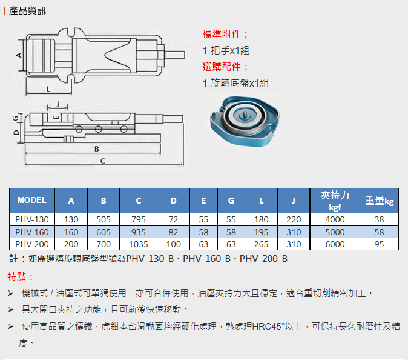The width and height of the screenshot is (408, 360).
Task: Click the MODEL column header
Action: pos(31,201)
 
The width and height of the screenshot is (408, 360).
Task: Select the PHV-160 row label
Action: pos(31,232)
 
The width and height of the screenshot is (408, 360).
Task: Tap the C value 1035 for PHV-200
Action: pos(139,244)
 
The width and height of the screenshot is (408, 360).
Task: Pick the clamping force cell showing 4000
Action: pos(335,219)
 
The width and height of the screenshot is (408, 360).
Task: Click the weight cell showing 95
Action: pos(379,244)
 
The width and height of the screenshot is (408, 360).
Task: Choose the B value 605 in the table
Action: pos(104,232)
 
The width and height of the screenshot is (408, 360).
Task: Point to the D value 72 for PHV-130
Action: pos(173,219)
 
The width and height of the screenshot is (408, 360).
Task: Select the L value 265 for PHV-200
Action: pos(261,244)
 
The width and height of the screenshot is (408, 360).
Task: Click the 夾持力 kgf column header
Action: pos(335,201)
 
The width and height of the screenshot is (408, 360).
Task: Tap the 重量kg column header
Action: pos(380,201)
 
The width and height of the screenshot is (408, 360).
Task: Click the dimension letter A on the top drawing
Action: pos(19,55)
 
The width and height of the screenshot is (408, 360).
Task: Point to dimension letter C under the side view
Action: pos(103,161)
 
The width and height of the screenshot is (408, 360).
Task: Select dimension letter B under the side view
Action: pos(96,148)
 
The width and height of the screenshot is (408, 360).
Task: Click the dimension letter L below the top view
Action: pos(48,89)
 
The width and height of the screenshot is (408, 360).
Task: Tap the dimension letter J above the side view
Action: pos(58,104)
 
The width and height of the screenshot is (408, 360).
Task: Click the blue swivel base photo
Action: pos(245,121)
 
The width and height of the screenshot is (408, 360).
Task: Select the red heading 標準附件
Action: pos(226,34)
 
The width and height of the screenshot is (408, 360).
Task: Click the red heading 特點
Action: pos(21,276)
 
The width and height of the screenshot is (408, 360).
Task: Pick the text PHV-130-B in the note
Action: pos(150,259)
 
